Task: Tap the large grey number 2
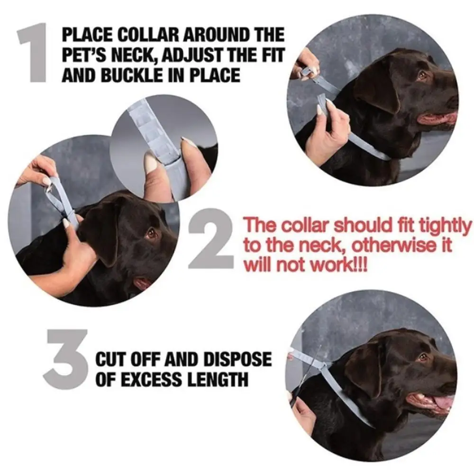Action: click(211, 238)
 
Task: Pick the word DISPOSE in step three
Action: click(237, 359)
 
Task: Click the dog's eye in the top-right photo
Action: click(421, 75)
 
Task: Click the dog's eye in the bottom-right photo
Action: click(423, 358)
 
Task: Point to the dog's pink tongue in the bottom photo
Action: click(443, 402)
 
